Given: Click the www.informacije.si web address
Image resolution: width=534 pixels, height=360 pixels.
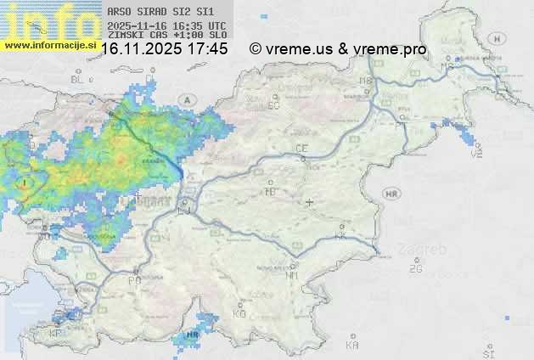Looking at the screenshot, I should tap(49, 45).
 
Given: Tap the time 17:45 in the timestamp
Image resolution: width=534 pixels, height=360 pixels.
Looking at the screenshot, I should tap(207, 49).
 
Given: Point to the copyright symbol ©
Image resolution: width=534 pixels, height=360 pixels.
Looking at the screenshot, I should tap(255, 49).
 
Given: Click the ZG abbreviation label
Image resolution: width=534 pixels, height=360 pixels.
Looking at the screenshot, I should tap(415, 269).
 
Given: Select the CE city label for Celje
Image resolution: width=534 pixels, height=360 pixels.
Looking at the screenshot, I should tap(301, 149).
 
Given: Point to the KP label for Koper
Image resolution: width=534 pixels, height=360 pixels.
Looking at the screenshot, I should tap(56, 333).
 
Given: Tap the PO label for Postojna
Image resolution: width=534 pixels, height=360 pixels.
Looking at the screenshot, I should tap(134, 280).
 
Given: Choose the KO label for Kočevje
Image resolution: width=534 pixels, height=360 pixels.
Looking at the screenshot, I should tap(239, 314).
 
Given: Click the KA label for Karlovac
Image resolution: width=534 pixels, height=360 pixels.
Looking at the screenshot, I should tap(352, 345).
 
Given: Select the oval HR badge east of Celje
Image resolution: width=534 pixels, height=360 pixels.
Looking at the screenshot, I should tap(391, 194).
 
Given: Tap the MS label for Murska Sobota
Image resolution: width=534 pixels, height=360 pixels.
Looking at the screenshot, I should tap(447, 65).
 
